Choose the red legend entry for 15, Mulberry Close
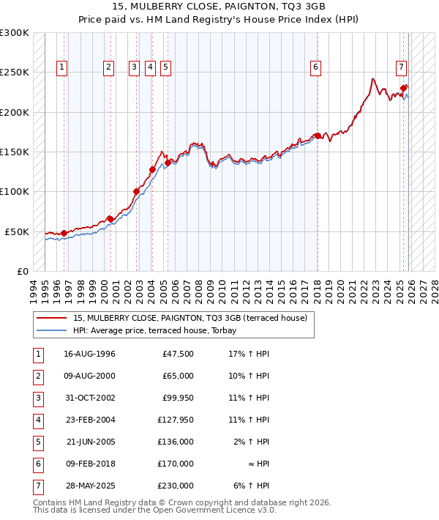(194, 318)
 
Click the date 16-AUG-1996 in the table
(89, 354)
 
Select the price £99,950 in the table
(176, 398)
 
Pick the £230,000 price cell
(176, 486)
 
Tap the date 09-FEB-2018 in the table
(89, 464)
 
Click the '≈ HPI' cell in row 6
(257, 464)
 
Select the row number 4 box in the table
(37, 420)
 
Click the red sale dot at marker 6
(318, 136)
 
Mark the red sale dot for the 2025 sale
(404, 88)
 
